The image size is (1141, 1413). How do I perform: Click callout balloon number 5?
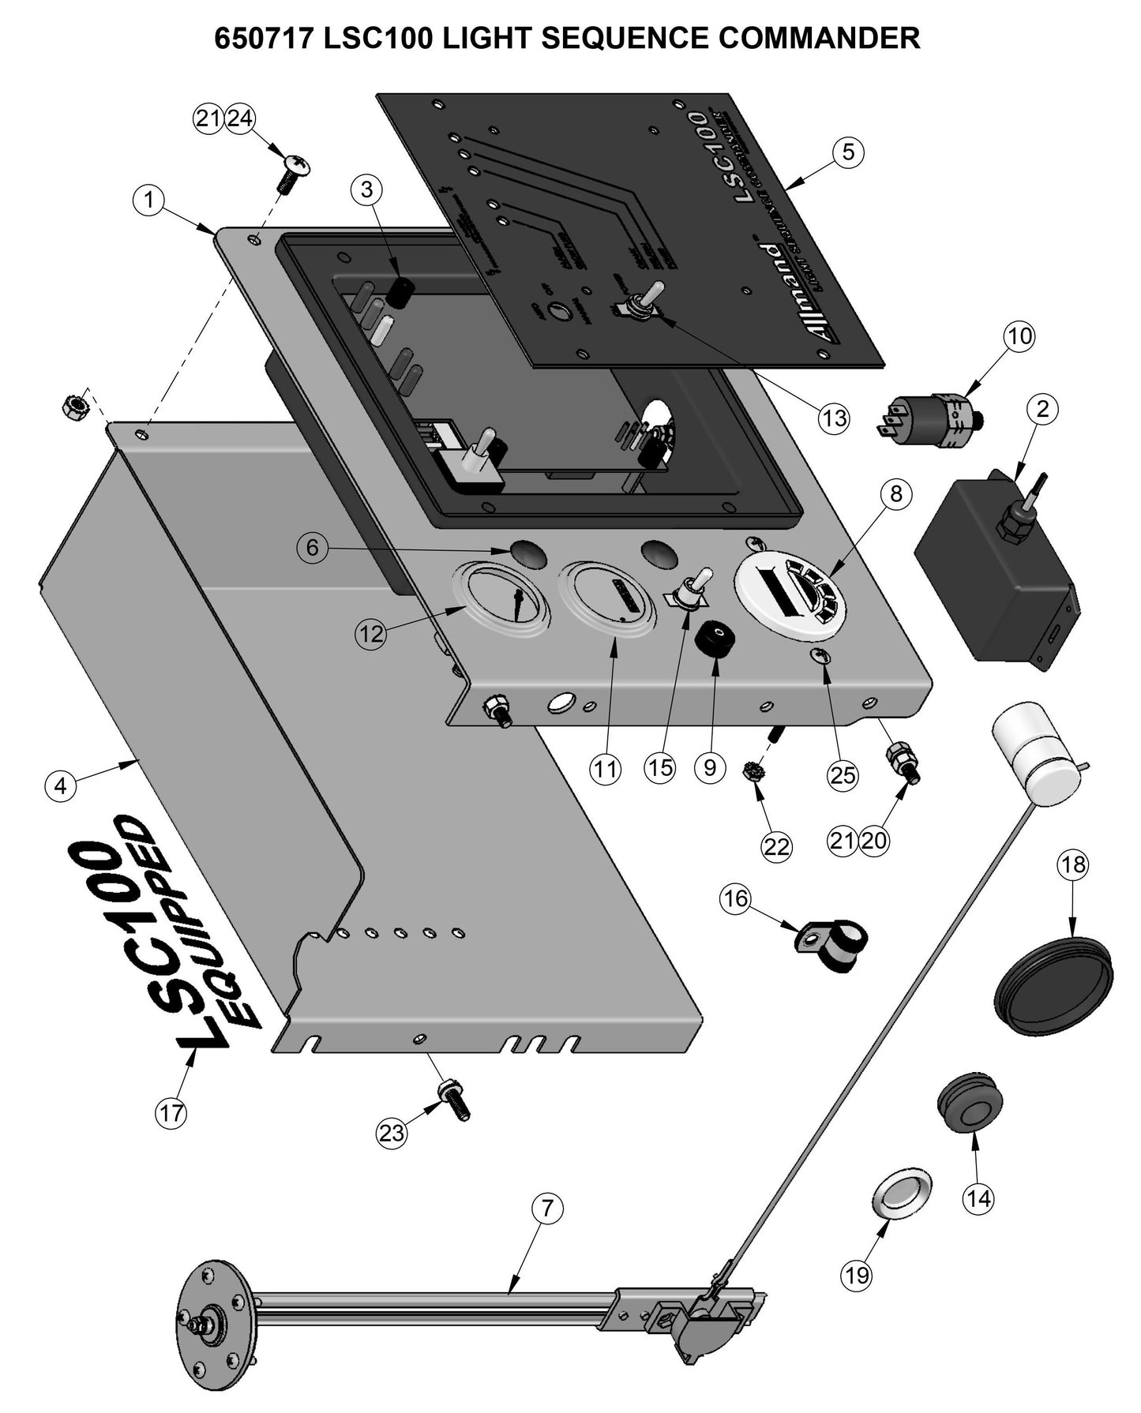point(848,152)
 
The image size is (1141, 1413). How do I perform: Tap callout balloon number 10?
point(1019,336)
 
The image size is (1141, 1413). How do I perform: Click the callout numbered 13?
point(834,418)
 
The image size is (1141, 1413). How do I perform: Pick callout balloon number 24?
point(240,119)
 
